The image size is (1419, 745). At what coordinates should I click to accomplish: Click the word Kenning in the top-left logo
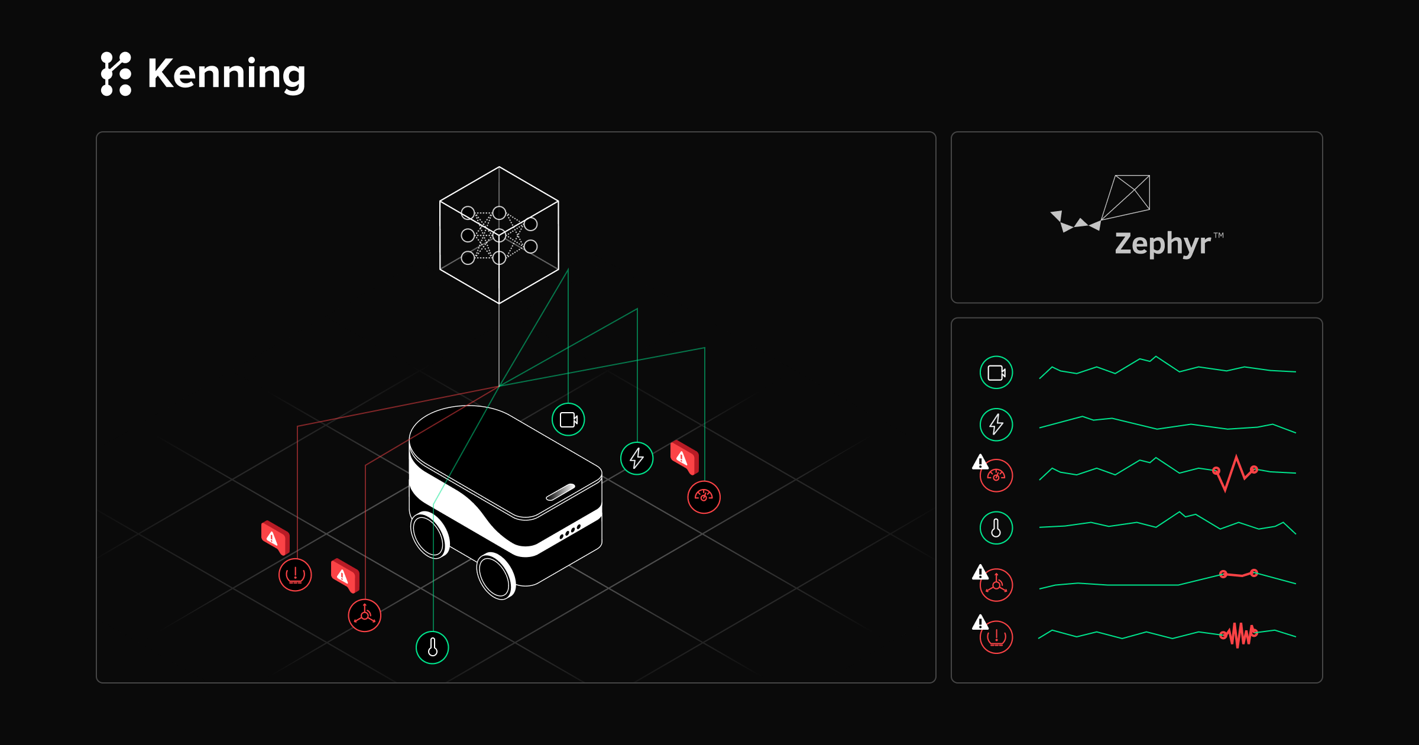pos(226,74)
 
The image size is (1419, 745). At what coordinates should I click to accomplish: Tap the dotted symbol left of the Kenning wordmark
pos(116,74)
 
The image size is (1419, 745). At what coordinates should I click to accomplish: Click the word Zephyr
pos(1162,244)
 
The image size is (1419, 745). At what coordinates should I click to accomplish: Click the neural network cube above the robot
pos(499,235)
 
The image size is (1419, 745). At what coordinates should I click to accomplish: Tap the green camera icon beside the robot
pos(568,419)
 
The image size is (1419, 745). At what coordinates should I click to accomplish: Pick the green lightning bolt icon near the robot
pos(637,458)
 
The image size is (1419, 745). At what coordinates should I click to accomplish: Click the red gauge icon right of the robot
pos(704,497)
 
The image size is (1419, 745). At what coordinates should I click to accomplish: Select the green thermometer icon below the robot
pos(432,647)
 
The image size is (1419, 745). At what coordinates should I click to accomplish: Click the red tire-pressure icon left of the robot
pos(295,574)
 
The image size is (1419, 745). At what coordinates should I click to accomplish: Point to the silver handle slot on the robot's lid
pos(561,492)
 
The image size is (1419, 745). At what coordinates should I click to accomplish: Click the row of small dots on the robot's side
pos(569,532)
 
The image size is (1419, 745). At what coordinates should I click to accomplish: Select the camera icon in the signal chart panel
pos(996,372)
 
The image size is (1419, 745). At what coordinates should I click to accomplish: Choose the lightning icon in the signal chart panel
pos(996,425)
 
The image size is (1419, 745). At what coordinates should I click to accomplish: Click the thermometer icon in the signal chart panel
pos(996,528)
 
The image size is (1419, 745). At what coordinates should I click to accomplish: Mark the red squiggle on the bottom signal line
pos(1239,635)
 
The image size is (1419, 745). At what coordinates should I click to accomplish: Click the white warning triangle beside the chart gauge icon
pos(980,461)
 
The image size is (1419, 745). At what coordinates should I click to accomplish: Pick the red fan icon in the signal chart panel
pos(996,585)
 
